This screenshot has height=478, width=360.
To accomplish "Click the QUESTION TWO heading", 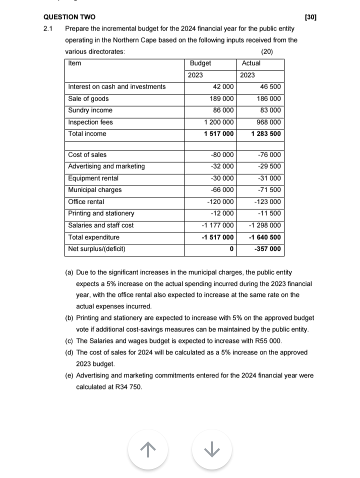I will point(70,18).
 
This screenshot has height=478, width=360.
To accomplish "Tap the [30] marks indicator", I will point(310,18).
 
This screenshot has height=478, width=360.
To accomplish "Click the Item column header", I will point(74,63).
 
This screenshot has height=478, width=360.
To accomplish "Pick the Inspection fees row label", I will point(90,122).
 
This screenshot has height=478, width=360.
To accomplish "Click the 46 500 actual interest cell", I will point(270,87).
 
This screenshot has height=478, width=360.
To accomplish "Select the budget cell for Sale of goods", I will point(221,99).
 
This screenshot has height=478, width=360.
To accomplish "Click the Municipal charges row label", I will point(95,190).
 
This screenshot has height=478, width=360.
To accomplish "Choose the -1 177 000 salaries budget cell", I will point(217,225).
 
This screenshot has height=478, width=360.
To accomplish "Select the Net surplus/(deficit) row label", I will point(96,249).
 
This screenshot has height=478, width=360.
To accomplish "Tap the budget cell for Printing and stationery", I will point(222,214).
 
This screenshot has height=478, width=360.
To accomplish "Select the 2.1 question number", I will point(48,29).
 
